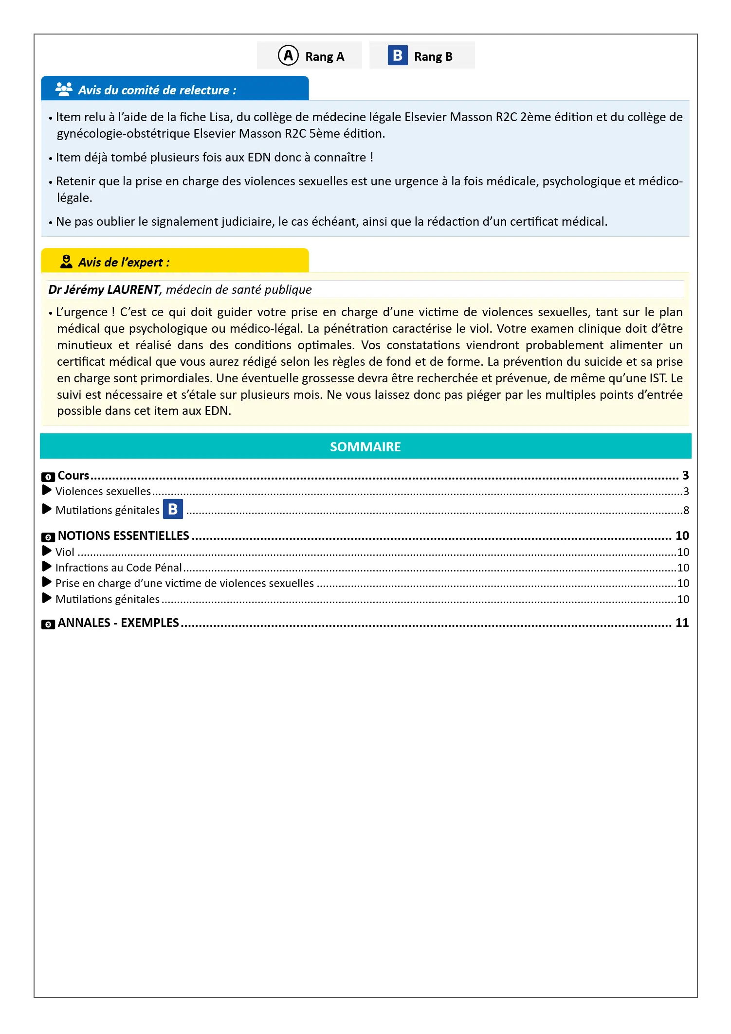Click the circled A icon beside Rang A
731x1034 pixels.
(x=288, y=55)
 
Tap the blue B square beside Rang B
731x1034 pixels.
(x=397, y=55)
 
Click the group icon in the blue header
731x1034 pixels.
(x=64, y=89)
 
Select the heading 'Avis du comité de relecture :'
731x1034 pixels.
(x=157, y=90)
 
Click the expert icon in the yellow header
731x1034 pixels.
(x=66, y=262)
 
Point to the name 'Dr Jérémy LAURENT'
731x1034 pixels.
(x=104, y=290)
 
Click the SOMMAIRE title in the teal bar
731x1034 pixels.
(x=365, y=447)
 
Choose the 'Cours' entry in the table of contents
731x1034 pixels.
(x=73, y=476)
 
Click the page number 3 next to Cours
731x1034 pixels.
(x=685, y=475)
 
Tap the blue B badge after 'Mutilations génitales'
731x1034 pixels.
(x=173, y=509)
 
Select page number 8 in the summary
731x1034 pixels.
(x=686, y=510)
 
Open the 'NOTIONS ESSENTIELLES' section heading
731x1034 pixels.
(x=123, y=536)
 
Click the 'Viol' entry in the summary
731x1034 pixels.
(x=65, y=552)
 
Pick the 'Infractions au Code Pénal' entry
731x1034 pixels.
(x=118, y=568)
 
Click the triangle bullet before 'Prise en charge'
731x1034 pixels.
(x=47, y=582)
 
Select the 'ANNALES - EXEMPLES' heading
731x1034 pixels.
(x=118, y=623)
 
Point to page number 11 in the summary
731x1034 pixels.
(x=682, y=623)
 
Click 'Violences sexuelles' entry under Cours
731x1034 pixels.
(x=103, y=491)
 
